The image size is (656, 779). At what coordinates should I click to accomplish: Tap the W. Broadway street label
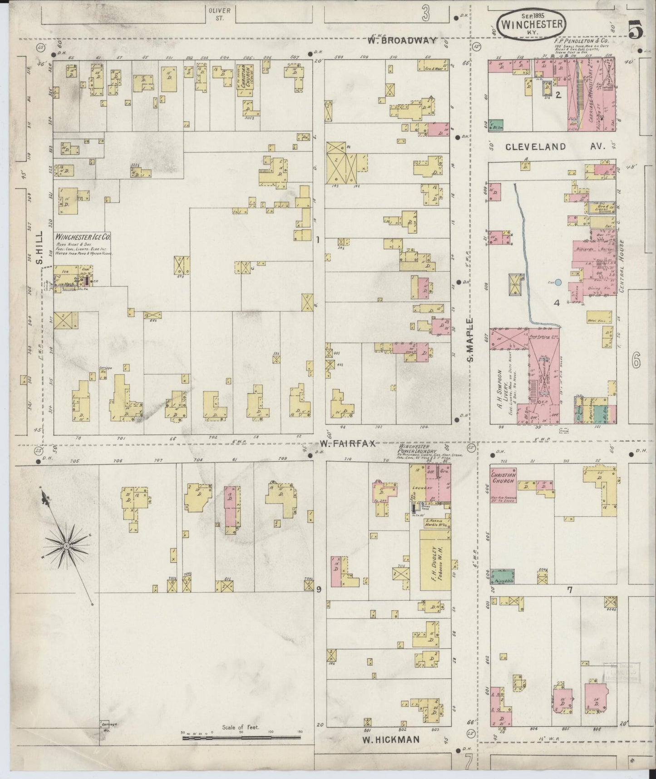(x=402, y=40)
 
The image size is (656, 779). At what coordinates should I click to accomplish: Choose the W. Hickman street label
(x=391, y=739)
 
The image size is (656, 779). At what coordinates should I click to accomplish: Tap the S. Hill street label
(x=39, y=248)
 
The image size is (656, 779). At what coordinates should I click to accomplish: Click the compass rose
(x=67, y=544)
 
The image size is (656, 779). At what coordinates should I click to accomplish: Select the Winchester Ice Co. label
(x=83, y=237)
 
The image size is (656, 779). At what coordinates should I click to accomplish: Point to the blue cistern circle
(x=558, y=283)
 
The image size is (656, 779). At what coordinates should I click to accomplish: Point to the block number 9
(x=319, y=589)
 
